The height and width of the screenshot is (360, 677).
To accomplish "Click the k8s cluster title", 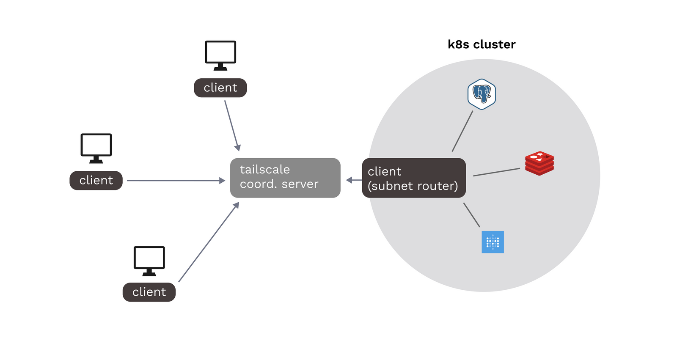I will pyautogui.click(x=482, y=44).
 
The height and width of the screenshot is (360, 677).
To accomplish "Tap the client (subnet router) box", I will pyautogui.click(x=414, y=178).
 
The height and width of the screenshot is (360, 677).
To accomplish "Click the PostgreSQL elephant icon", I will pyautogui.click(x=482, y=94).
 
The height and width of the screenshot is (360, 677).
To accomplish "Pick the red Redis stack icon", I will pyautogui.click(x=539, y=163).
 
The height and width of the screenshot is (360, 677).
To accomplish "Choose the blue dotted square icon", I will pyautogui.click(x=493, y=242).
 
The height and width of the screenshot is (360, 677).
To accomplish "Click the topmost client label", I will pyautogui.click(x=220, y=88).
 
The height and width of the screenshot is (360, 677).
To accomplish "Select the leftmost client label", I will pyautogui.click(x=96, y=180).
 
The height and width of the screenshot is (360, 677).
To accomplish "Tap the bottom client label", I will pyautogui.click(x=149, y=292).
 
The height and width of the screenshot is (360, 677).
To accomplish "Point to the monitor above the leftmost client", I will pyautogui.click(x=96, y=148).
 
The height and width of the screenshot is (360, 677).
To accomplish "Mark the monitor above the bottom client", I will pyautogui.click(x=149, y=260).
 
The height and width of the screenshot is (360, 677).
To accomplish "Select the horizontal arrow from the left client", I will pyautogui.click(x=176, y=181).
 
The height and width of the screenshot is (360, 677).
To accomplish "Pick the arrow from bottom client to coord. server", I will pyautogui.click(x=208, y=242).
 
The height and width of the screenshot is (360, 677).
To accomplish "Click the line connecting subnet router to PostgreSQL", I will pyautogui.click(x=462, y=131).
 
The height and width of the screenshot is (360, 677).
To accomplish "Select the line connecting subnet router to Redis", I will pyautogui.click(x=496, y=172).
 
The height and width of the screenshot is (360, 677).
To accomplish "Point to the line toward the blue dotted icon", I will pyautogui.click(x=472, y=215).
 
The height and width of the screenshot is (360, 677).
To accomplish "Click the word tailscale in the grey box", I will pyautogui.click(x=265, y=170).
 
